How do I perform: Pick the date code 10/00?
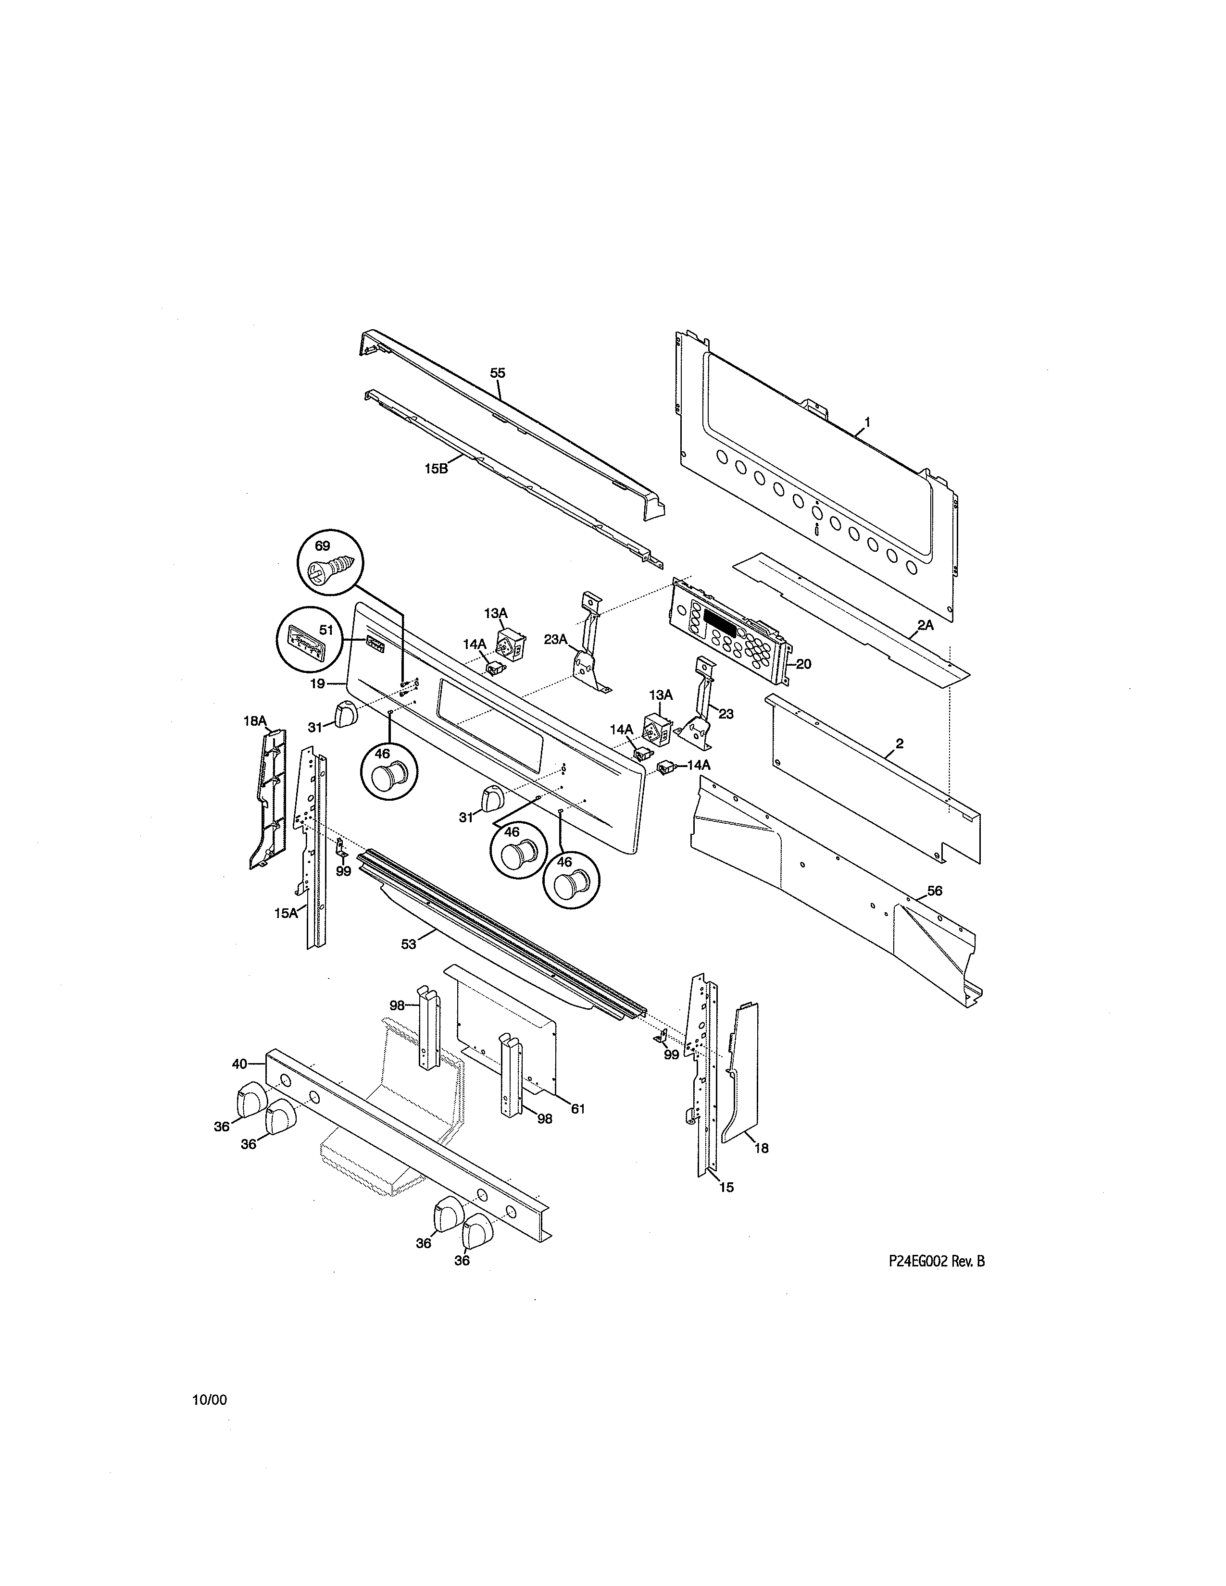[x=209, y=1400]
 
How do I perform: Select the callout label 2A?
[x=926, y=624]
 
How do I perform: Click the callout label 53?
[x=409, y=944]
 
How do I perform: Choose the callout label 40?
[x=240, y=1064]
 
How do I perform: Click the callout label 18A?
[x=255, y=721]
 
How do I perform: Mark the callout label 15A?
[x=286, y=914]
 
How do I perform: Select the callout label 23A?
[x=556, y=639]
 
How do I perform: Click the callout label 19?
[x=317, y=683]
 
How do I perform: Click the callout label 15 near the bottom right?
[x=726, y=1187]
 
